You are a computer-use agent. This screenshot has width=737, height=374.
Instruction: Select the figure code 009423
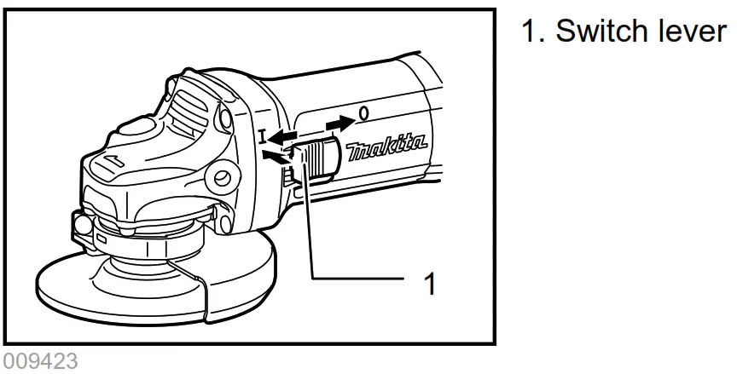point(40,360)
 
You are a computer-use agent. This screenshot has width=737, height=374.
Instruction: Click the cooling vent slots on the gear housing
point(192,102)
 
